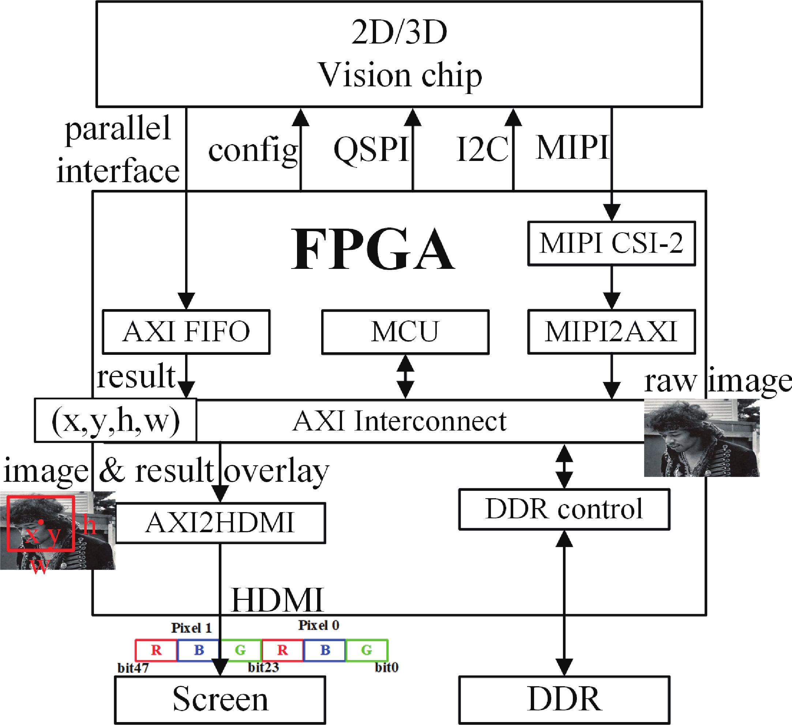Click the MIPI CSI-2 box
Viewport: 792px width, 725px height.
click(x=611, y=243)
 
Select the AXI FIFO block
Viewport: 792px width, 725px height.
click(x=186, y=332)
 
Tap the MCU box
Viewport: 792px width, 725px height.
click(x=405, y=332)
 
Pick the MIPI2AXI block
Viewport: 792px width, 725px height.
click(x=611, y=332)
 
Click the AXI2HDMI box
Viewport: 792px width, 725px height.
click(x=220, y=523)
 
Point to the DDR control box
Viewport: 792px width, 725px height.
click(x=564, y=510)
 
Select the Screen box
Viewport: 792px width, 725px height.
click(x=220, y=699)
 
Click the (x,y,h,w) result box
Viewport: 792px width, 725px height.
click(x=116, y=421)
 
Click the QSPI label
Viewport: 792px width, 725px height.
click(x=371, y=150)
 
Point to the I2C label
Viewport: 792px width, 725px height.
click(x=483, y=150)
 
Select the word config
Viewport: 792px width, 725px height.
click(x=253, y=151)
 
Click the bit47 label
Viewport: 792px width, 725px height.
click(x=133, y=668)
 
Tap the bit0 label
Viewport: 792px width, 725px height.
click(x=387, y=667)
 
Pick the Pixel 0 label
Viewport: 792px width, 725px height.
click(x=318, y=625)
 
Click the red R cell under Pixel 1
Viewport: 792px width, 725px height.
click(x=156, y=650)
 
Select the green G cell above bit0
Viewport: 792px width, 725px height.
click(x=367, y=650)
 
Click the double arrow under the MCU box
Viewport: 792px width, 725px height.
click(x=405, y=377)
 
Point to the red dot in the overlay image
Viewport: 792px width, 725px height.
click(x=41, y=522)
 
